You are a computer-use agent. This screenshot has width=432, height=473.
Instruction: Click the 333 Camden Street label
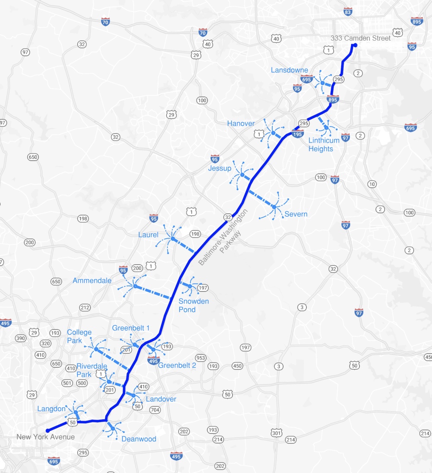tap(360, 38)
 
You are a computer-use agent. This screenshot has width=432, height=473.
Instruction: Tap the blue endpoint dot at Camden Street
tap(355, 45)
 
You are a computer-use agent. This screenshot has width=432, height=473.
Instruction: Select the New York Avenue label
tap(45, 437)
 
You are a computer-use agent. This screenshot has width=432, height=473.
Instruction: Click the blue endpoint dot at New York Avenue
tap(48, 430)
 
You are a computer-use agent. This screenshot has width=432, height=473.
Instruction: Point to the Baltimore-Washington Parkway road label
tap(223, 238)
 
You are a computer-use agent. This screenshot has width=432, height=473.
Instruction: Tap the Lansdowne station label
tap(289, 70)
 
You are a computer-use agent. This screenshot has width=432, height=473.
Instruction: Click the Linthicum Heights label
tap(321, 145)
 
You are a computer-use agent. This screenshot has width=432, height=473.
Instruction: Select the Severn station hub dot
tap(274, 207)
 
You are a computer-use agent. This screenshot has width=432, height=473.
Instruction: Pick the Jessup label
tap(219, 168)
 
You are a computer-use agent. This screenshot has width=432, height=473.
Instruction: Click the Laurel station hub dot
tap(172, 238)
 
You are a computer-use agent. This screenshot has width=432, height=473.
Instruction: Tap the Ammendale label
tap(92, 280)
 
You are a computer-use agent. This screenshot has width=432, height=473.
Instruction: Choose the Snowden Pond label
tap(194, 305)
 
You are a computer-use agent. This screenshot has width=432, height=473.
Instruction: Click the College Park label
tap(79, 336)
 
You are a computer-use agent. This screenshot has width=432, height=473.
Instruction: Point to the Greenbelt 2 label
tap(177, 365)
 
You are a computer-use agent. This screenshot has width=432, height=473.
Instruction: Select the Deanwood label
tap(139, 439)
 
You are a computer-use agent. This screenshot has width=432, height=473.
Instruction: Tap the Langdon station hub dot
tap(76, 413)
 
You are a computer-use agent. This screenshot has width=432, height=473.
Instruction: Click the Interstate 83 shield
tap(348, 12)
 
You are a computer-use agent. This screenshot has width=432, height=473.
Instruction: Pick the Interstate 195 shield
tap(297, 134)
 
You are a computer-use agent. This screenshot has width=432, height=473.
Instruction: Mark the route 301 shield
tap(276, 433)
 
